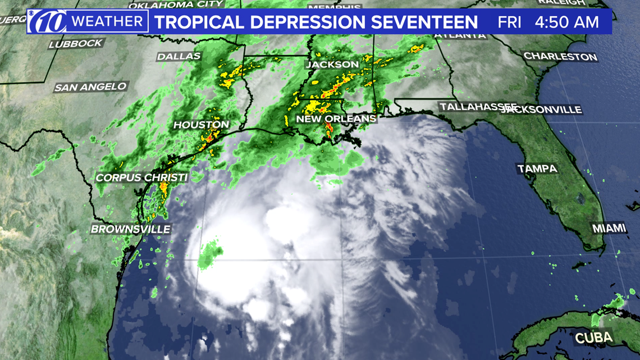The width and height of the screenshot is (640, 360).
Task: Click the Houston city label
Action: pyautogui.click(x=202, y=125)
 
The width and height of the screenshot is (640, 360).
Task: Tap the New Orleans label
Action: pyautogui.click(x=336, y=119)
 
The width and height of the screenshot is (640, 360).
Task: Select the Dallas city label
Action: pyautogui.click(x=179, y=57)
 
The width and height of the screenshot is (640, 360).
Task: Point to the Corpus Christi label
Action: pyautogui.click(x=141, y=177)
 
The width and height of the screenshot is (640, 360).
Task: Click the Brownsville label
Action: pyautogui.click(x=130, y=229)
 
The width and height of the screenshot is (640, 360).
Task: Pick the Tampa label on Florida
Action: pyautogui.click(x=537, y=168)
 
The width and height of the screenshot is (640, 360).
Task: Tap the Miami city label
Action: pyautogui.click(x=609, y=228)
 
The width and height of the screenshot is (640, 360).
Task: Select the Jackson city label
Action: pyautogui.click(x=332, y=65)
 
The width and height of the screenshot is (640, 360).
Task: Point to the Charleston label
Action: pyautogui.click(x=560, y=57)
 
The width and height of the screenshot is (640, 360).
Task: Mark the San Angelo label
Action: pyautogui.click(x=90, y=87)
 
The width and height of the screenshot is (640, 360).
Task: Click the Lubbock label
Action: pyautogui.click(x=76, y=44)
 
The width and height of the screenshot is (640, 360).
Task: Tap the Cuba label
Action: pyautogui.click(x=593, y=339)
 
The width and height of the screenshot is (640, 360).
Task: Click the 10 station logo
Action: pyautogui.click(x=48, y=22)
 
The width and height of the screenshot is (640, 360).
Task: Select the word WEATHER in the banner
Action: pyautogui.click(x=107, y=22)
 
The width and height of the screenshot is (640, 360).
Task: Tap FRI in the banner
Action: pyautogui.click(x=509, y=22)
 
